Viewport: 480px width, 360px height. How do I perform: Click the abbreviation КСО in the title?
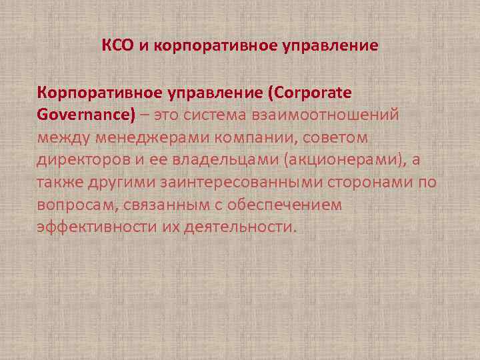pyautogui.click(x=117, y=46)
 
